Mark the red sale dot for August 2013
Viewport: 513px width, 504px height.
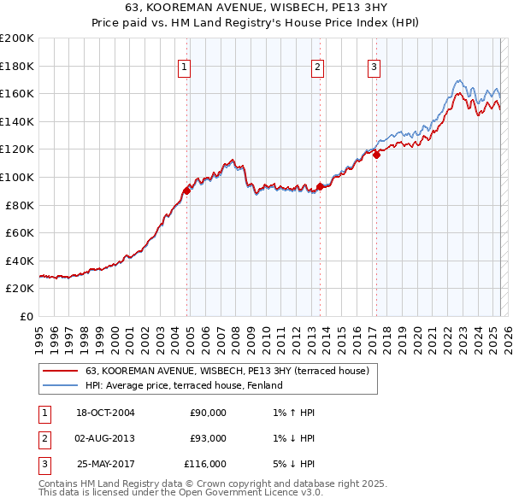[320, 187]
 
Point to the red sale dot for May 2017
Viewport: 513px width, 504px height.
[377, 155]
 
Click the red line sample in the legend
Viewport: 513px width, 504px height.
[60, 371]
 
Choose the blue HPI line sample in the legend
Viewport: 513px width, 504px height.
[60, 385]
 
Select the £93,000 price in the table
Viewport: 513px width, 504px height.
[208, 438]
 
